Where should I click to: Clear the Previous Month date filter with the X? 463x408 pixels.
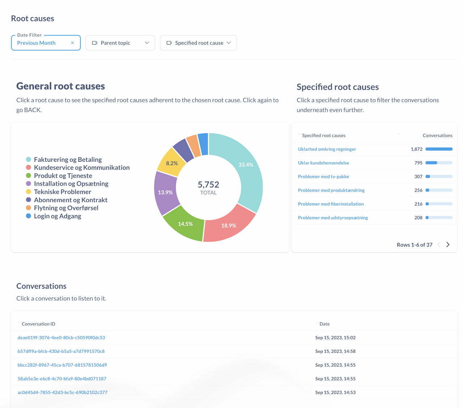(72, 43)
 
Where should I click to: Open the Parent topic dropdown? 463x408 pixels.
(120, 43)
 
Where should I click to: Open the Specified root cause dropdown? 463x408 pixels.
(198, 43)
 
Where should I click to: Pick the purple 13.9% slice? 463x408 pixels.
(165, 192)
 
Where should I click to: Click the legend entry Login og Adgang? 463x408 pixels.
(58, 216)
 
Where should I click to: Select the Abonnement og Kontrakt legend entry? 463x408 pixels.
(71, 200)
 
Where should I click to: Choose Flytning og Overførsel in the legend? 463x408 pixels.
(66, 208)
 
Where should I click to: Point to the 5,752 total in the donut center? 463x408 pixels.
(208, 185)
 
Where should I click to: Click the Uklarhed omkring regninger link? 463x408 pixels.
(327, 149)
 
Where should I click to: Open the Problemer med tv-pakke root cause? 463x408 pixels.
(323, 177)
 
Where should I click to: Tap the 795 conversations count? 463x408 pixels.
(418, 163)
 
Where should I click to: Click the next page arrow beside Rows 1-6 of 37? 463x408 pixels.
(448, 245)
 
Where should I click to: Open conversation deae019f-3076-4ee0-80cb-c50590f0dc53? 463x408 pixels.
(61, 337)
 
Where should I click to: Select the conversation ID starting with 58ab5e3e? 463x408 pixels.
(62, 379)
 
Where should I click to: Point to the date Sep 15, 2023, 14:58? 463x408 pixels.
(335, 351)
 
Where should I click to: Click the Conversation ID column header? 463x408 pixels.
(38, 324)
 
